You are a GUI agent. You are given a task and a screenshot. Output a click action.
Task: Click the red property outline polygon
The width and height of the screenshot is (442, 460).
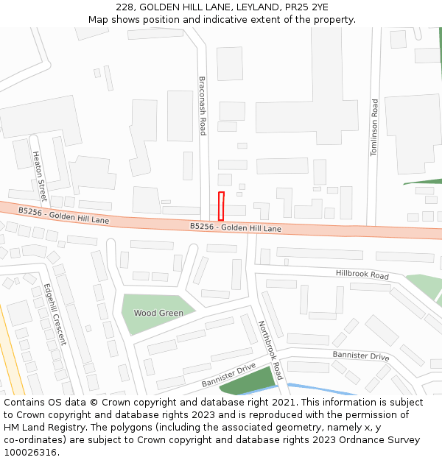coord(221,205)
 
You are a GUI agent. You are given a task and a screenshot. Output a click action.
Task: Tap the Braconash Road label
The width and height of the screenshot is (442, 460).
coord(203,105)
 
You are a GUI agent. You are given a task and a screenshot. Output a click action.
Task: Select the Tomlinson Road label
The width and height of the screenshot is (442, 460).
coord(374,127)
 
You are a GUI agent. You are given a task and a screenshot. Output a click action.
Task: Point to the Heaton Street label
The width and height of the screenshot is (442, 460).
coord(39,177)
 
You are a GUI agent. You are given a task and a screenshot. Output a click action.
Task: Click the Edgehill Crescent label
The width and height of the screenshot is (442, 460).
coord(55,314)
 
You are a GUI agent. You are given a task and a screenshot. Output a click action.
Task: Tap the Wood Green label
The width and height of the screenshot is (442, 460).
coord(158,313)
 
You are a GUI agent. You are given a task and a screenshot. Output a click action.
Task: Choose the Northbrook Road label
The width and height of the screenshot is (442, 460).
coord(270,350)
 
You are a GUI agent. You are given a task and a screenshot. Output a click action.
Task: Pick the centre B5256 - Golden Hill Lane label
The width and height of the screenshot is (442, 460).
coord(235,228)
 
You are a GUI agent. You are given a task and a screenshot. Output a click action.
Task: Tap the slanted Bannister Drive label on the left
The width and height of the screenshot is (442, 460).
coord(228,375)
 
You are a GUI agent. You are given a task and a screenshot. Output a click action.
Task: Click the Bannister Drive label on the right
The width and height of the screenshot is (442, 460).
coord(360,356)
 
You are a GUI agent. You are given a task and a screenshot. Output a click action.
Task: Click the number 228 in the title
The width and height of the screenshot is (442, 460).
coord(124,7)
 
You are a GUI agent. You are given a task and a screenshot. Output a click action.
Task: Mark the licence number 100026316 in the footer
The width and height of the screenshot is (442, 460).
coord(29,453)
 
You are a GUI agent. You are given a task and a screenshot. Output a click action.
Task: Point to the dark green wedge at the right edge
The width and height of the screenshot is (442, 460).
coord(427,182)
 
